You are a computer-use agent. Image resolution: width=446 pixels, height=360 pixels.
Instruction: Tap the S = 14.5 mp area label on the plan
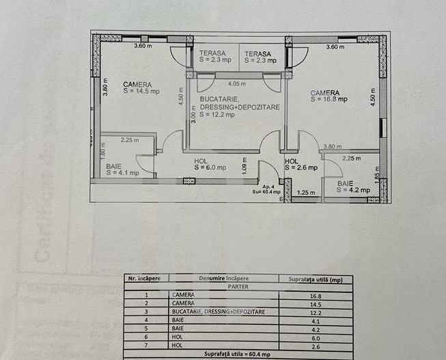[x=141, y=91]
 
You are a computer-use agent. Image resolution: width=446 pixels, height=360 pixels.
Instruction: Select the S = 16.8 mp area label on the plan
[x=329, y=99]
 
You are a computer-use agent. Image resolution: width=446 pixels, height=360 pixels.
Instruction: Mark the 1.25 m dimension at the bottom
[x=306, y=193]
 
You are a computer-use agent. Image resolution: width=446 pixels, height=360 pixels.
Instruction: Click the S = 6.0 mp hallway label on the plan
[x=209, y=166]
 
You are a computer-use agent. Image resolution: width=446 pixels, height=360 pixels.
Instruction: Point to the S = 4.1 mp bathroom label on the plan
[x=123, y=172]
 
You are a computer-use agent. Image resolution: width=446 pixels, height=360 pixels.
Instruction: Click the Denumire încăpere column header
[x=225, y=279]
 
